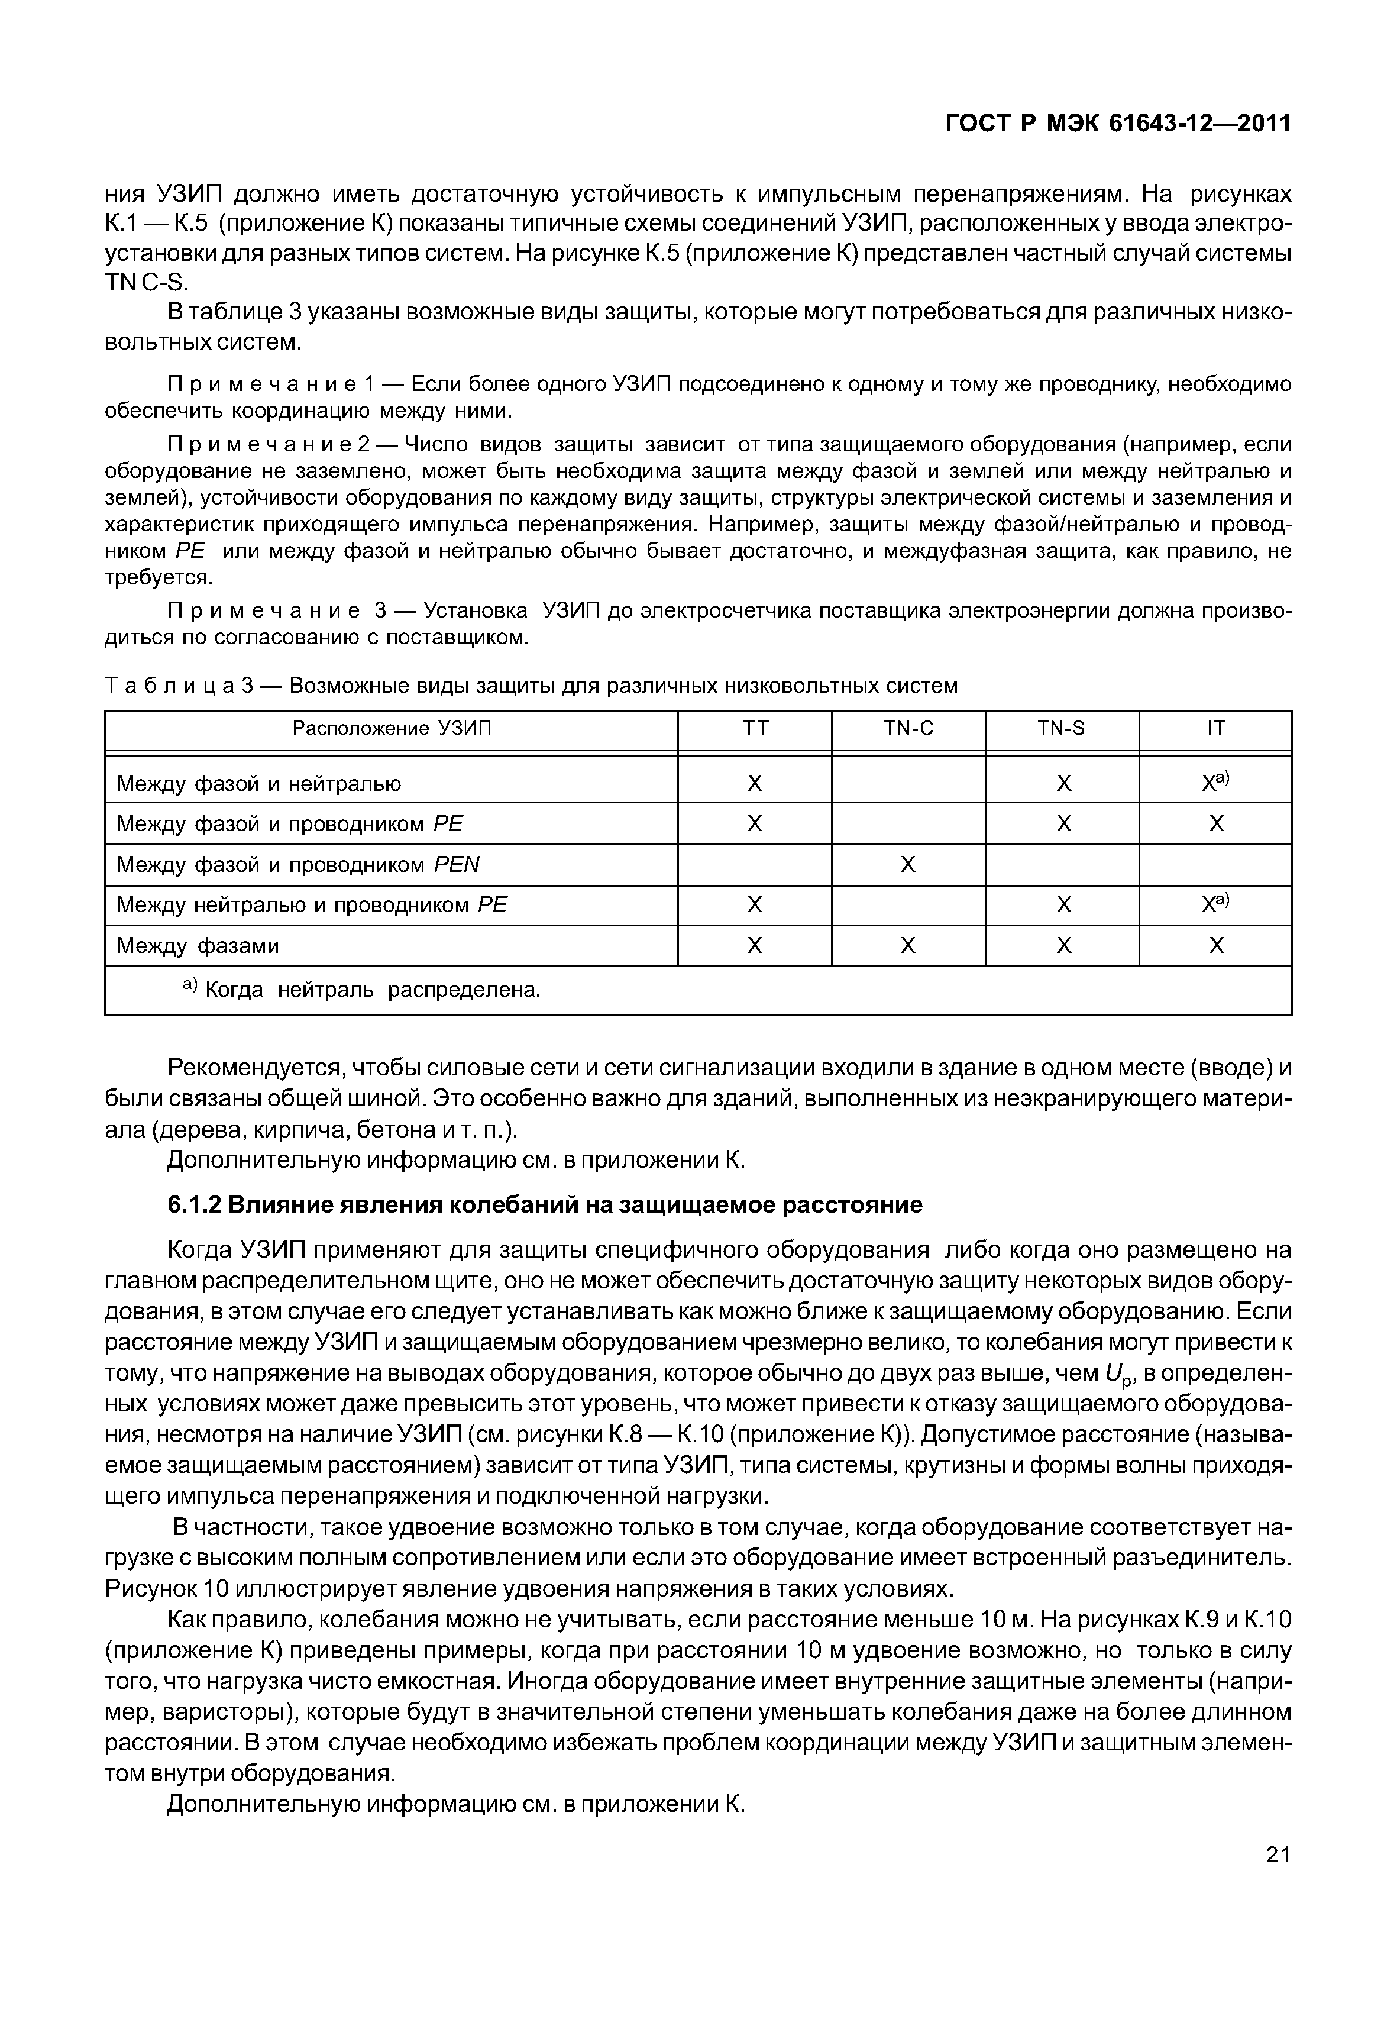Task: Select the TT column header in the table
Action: (x=755, y=728)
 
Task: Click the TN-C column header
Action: (x=908, y=728)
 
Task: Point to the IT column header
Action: (x=1216, y=728)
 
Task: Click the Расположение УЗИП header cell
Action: (x=392, y=728)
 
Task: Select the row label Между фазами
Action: (x=199, y=946)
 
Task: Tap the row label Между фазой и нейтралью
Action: (x=259, y=784)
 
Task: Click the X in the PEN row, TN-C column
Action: (x=908, y=865)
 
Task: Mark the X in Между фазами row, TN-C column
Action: (x=908, y=946)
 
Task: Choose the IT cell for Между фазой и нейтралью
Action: (x=1216, y=783)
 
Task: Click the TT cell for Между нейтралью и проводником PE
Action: (x=755, y=904)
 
